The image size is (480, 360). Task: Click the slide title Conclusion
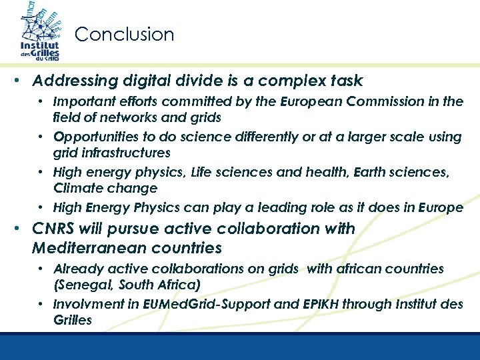pos(124,34)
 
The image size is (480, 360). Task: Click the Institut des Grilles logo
pos(39,33)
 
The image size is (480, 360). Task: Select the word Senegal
pos(83,285)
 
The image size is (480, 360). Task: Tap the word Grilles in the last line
pos(72,320)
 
